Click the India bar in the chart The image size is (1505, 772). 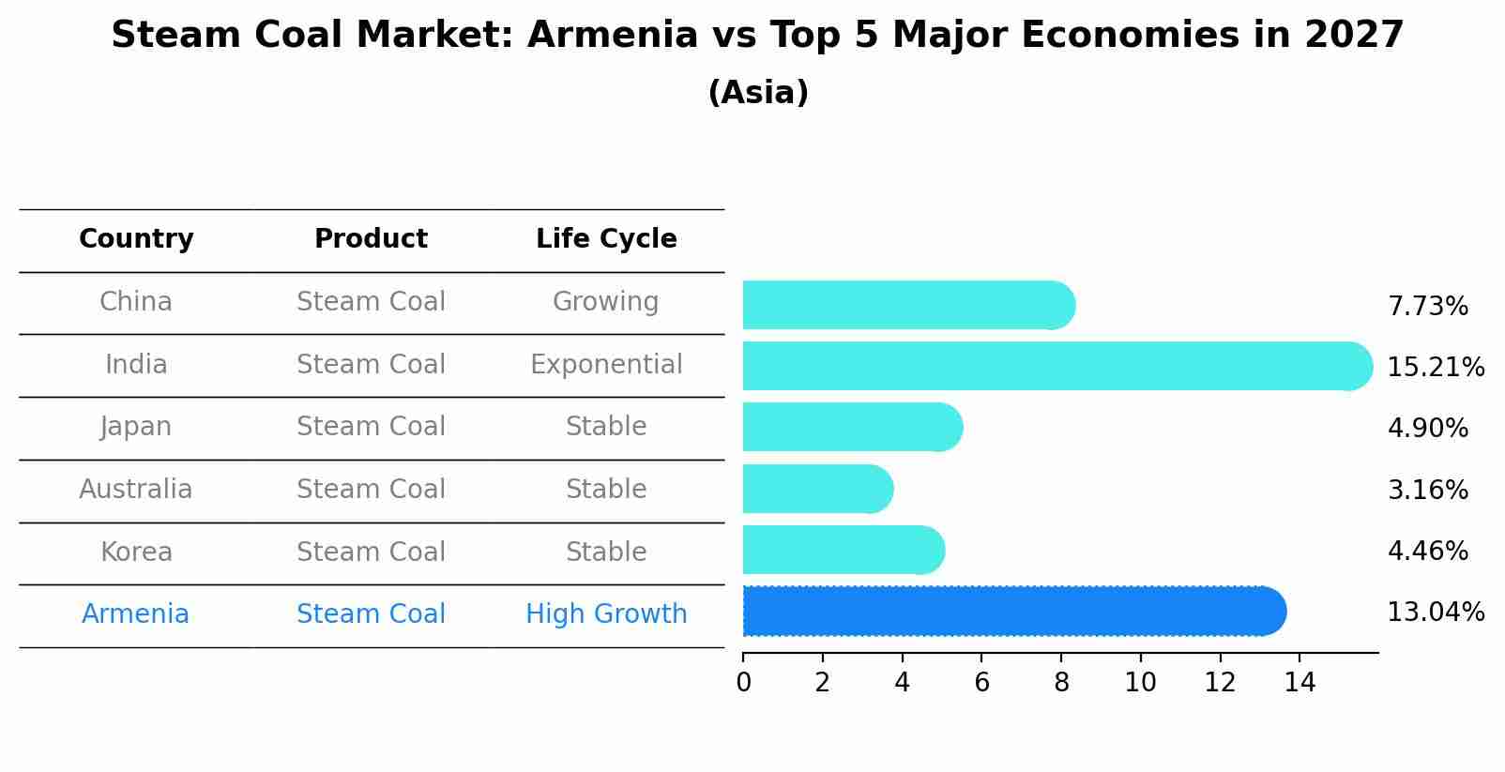coord(1051,366)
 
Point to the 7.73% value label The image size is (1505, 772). coord(1427,307)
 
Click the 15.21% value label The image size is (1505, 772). coord(1435,368)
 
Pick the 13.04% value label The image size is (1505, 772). coord(1435,613)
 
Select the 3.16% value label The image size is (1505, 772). coord(1427,491)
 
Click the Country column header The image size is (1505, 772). coord(136,239)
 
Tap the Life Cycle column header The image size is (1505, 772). coord(606,239)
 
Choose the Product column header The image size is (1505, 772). coord(371,239)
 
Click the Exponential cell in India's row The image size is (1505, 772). coord(606,365)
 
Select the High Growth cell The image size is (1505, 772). coord(606,614)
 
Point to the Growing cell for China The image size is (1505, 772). coord(605,302)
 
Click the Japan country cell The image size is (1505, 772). coord(136,427)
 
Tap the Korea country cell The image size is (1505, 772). coord(136,553)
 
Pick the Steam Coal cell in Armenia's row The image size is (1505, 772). coord(371,614)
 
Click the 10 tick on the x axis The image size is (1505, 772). coord(1140,683)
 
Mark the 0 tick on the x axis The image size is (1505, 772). coord(743,683)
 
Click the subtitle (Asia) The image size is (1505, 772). coord(757,93)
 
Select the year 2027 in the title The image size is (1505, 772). coord(1353,36)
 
